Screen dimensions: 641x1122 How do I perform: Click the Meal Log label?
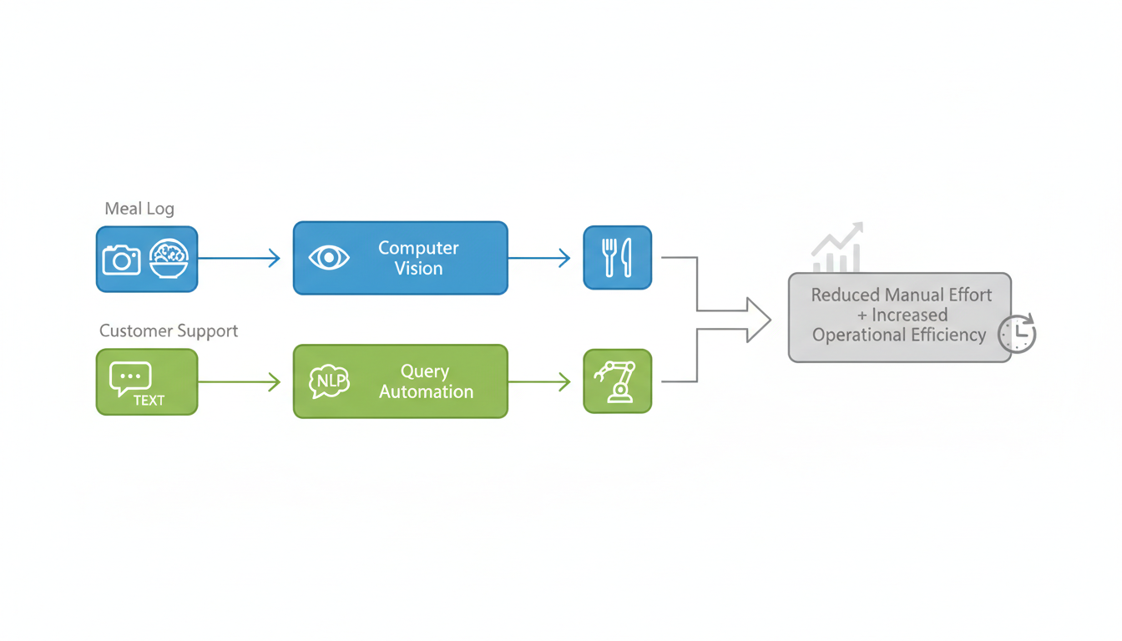(139, 209)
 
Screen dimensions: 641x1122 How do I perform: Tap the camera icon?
(121, 260)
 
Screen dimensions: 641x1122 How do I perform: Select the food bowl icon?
(169, 259)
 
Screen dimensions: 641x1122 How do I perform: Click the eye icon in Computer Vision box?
(329, 258)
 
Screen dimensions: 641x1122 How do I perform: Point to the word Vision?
(418, 269)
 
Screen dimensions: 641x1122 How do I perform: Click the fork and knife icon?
(617, 258)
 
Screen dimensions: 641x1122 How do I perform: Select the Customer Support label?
(169, 331)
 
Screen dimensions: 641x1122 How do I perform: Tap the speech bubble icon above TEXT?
(130, 378)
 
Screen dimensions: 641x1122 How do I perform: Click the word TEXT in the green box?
(149, 401)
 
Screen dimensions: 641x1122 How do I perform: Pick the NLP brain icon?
(329, 381)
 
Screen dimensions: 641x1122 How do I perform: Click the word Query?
(425, 371)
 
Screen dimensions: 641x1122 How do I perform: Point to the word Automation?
(426, 391)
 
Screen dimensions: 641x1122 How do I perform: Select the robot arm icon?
(617, 381)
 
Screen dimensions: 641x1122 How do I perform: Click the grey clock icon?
(1018, 333)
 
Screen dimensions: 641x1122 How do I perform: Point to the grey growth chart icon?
(837, 248)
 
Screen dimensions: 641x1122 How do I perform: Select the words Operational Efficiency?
(899, 336)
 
